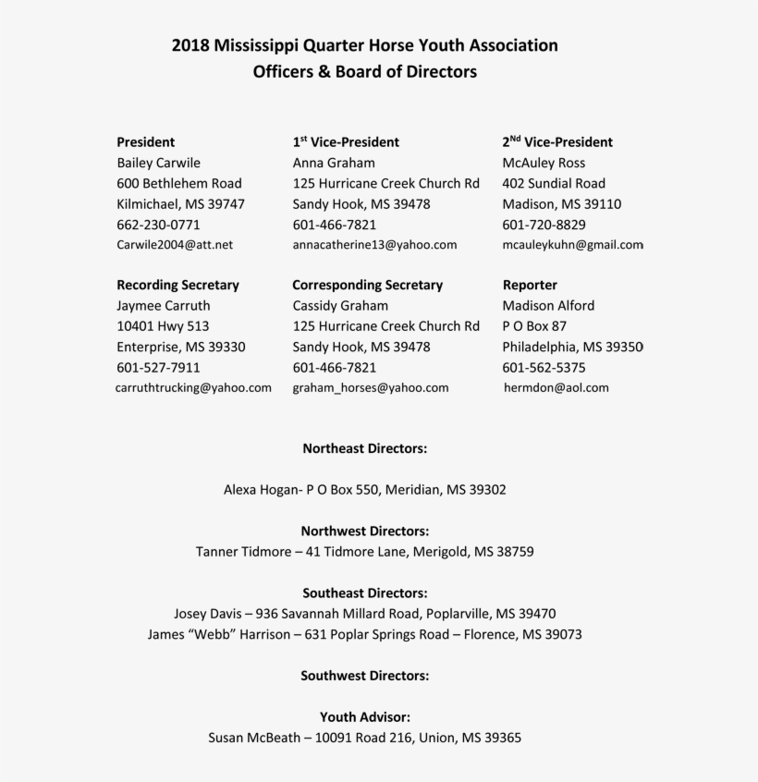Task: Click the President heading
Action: tap(145, 142)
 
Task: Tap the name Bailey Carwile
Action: tap(158, 163)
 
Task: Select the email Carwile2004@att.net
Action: tap(175, 245)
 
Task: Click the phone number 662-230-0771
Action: tap(158, 225)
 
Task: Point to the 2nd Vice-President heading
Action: tap(557, 142)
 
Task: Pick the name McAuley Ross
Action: tap(544, 163)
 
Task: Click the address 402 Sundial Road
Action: tap(554, 183)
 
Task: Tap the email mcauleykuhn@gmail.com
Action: tap(572, 245)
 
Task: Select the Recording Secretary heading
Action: tap(177, 285)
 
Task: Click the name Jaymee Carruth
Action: tap(163, 305)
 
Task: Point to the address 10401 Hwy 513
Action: tap(163, 326)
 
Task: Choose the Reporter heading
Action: tap(530, 285)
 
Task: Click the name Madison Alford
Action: tap(548, 305)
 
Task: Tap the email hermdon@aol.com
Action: tap(556, 388)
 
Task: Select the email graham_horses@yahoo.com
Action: tap(371, 388)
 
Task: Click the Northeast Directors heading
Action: tap(365, 448)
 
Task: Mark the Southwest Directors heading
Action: tap(364, 676)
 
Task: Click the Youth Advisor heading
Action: tap(365, 716)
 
